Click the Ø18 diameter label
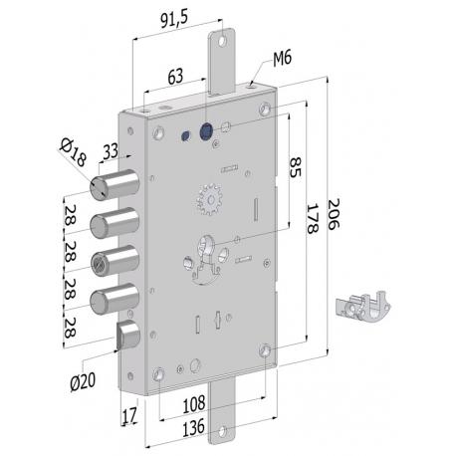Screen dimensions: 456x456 tap(71, 153)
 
